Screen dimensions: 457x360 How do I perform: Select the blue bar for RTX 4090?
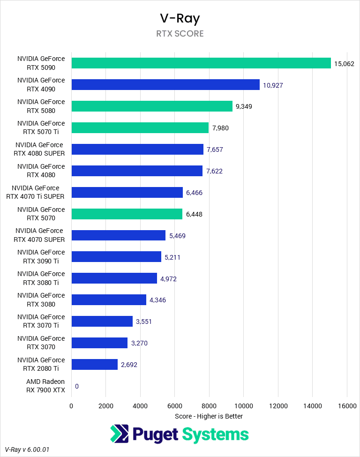[165, 85]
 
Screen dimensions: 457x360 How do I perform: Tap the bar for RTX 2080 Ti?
[94, 364]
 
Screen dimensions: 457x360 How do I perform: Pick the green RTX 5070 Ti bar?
[140, 127]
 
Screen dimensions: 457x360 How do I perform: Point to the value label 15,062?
[344, 63]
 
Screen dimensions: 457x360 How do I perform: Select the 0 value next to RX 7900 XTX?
[76, 386]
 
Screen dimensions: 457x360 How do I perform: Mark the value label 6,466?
[194, 192]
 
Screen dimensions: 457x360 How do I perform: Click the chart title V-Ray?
[180, 18]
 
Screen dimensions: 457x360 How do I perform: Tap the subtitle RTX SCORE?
[180, 34]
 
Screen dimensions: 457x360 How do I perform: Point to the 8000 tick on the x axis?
[209, 406]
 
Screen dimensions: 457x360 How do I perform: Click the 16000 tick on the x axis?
[346, 406]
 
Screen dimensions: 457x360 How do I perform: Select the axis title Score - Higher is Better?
[209, 416]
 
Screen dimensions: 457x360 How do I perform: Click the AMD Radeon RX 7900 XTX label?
[45, 386]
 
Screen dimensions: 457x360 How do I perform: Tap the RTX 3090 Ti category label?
[41, 257]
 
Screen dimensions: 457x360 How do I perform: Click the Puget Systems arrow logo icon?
[120, 434]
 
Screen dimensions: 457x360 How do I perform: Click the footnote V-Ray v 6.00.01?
[27, 450]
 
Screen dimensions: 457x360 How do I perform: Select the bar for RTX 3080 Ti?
[114, 278]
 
